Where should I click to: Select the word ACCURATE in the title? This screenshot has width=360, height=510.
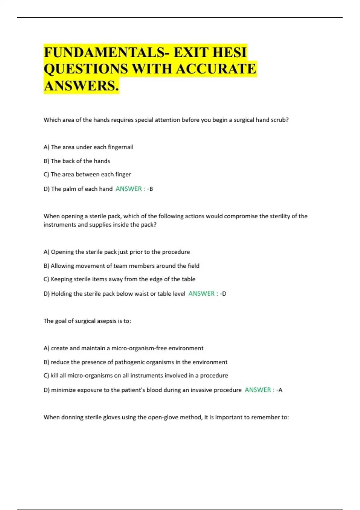click(216, 69)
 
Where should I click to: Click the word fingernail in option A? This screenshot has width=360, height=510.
click(121, 147)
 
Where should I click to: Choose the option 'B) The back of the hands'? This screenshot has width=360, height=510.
click(77, 161)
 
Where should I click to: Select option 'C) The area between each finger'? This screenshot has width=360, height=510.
click(87, 174)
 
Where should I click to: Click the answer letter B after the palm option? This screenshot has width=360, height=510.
click(151, 189)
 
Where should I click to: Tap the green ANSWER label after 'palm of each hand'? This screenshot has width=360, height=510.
click(129, 189)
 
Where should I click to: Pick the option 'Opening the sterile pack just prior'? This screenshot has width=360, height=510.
click(117, 252)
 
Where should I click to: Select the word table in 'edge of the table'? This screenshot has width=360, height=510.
click(188, 279)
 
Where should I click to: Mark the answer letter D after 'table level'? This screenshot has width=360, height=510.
click(224, 294)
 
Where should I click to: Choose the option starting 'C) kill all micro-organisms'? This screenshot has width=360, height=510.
click(136, 376)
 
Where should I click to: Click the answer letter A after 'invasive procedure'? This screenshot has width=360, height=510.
click(280, 390)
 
